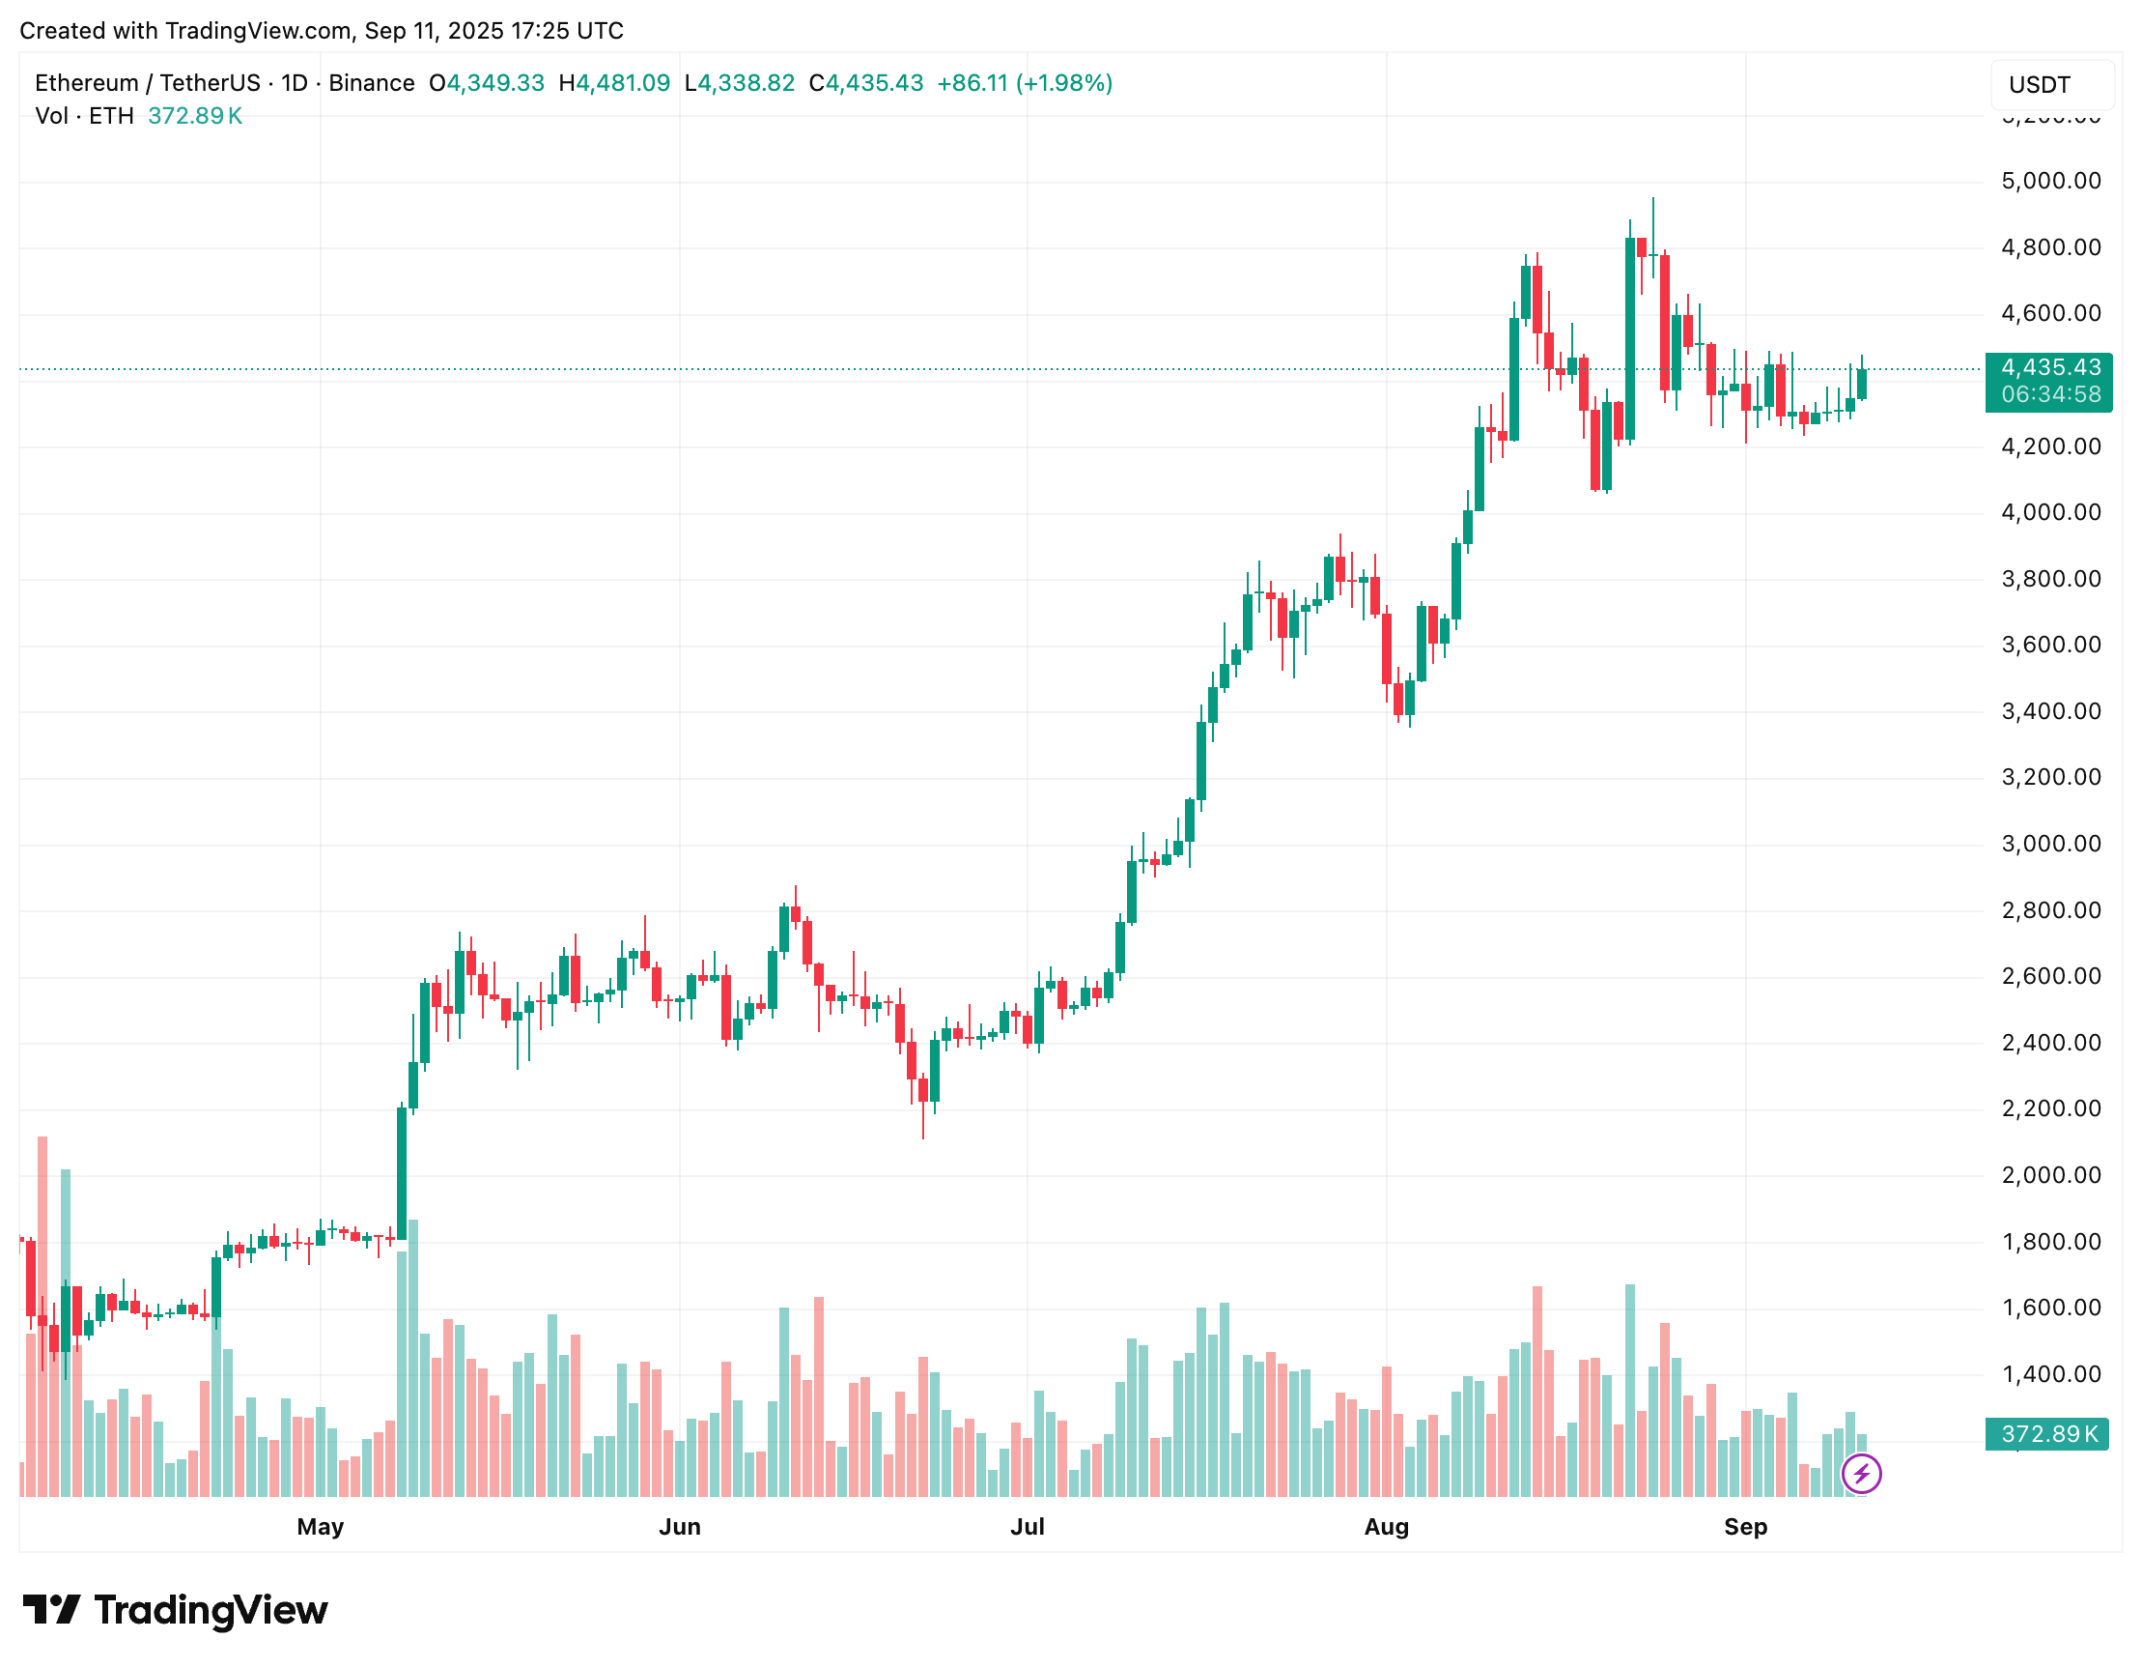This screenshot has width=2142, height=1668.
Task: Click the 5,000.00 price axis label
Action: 2050,182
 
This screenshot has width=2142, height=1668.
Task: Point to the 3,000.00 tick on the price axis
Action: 2050,844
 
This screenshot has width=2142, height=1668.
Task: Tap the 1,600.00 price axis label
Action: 2050,1308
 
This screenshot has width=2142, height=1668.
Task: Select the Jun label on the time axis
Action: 680,1527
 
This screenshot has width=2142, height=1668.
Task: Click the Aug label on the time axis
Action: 1386,1527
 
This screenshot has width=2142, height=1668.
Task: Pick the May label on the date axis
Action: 320,1527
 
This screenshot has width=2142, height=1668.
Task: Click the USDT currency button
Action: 2051,85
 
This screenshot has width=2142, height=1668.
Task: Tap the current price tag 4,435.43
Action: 2050,368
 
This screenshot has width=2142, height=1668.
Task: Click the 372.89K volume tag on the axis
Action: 2048,1434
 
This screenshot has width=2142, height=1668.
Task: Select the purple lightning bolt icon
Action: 1861,1474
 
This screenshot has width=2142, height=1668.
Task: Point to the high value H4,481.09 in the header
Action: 614,83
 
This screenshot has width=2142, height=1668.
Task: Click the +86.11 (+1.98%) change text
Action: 1024,83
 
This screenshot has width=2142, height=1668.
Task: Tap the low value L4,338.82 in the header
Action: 739,83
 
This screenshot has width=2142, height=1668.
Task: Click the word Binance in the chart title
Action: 371,83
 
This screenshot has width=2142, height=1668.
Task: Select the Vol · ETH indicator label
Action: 84,116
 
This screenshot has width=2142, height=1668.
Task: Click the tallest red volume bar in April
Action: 42,1314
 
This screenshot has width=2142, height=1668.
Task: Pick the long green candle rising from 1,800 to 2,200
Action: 401,1172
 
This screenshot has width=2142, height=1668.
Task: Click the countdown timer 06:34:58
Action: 2050,394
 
